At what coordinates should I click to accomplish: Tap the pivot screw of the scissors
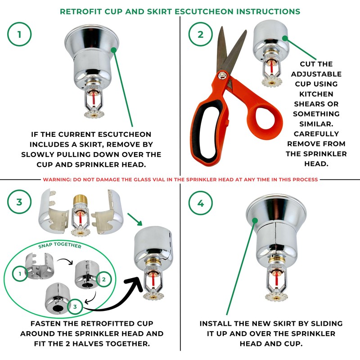(x=221, y=74)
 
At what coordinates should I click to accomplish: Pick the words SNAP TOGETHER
(x=60, y=245)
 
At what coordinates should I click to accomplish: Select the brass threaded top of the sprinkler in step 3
(x=81, y=200)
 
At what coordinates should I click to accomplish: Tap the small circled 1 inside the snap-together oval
(x=20, y=274)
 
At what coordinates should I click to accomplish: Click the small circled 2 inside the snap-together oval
(x=104, y=279)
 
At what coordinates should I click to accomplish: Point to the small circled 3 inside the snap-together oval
(x=75, y=306)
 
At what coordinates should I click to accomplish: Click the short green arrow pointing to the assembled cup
(x=135, y=219)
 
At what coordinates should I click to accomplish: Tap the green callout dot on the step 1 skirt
(x=114, y=49)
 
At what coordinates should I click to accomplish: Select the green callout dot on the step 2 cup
(x=285, y=38)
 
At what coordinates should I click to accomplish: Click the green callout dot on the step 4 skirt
(x=255, y=220)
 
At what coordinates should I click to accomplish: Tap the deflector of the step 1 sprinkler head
(x=94, y=114)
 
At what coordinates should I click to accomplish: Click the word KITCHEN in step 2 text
(x=316, y=94)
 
